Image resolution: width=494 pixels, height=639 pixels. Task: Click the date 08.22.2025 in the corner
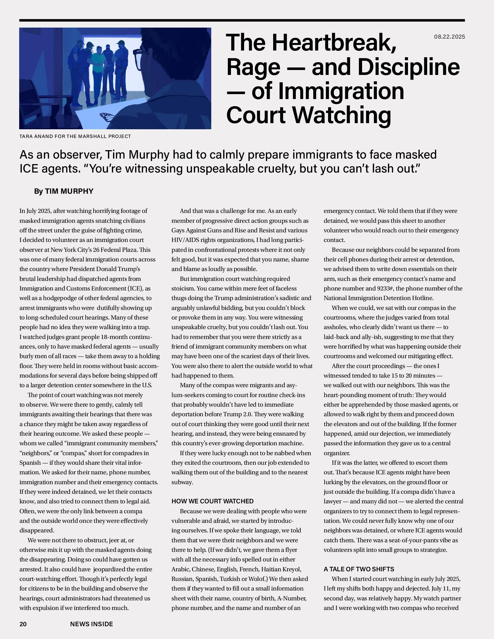[x=449, y=37]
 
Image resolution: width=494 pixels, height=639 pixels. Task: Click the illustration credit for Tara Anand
[x=75, y=136]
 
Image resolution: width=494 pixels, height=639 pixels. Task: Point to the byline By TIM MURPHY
[x=64, y=191]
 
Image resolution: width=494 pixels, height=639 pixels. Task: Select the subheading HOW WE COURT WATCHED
[x=212, y=501]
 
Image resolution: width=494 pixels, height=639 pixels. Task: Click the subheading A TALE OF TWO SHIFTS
[x=359, y=569]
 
